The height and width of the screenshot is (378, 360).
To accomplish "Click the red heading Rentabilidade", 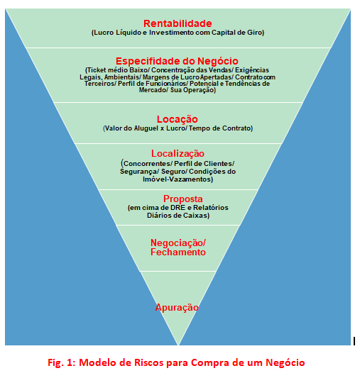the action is tap(178, 23).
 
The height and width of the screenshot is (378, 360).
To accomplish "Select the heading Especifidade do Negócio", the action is tap(177, 61).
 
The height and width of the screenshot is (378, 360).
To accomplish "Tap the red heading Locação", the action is tap(178, 119).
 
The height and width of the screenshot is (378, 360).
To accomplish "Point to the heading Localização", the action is tap(178, 154).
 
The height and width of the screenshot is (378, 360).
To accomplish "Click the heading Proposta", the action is tap(183, 199).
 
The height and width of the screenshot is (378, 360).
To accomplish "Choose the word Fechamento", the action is tap(178, 252).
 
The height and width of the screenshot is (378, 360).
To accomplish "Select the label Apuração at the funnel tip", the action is tap(177, 307).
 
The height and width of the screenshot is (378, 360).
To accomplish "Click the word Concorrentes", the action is tap(147, 164).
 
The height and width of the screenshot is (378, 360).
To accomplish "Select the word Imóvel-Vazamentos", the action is tap(178, 179).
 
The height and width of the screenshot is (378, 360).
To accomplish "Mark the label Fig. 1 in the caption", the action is tap(62, 362).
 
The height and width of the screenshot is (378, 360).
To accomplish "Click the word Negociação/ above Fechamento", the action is tap(178, 243).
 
